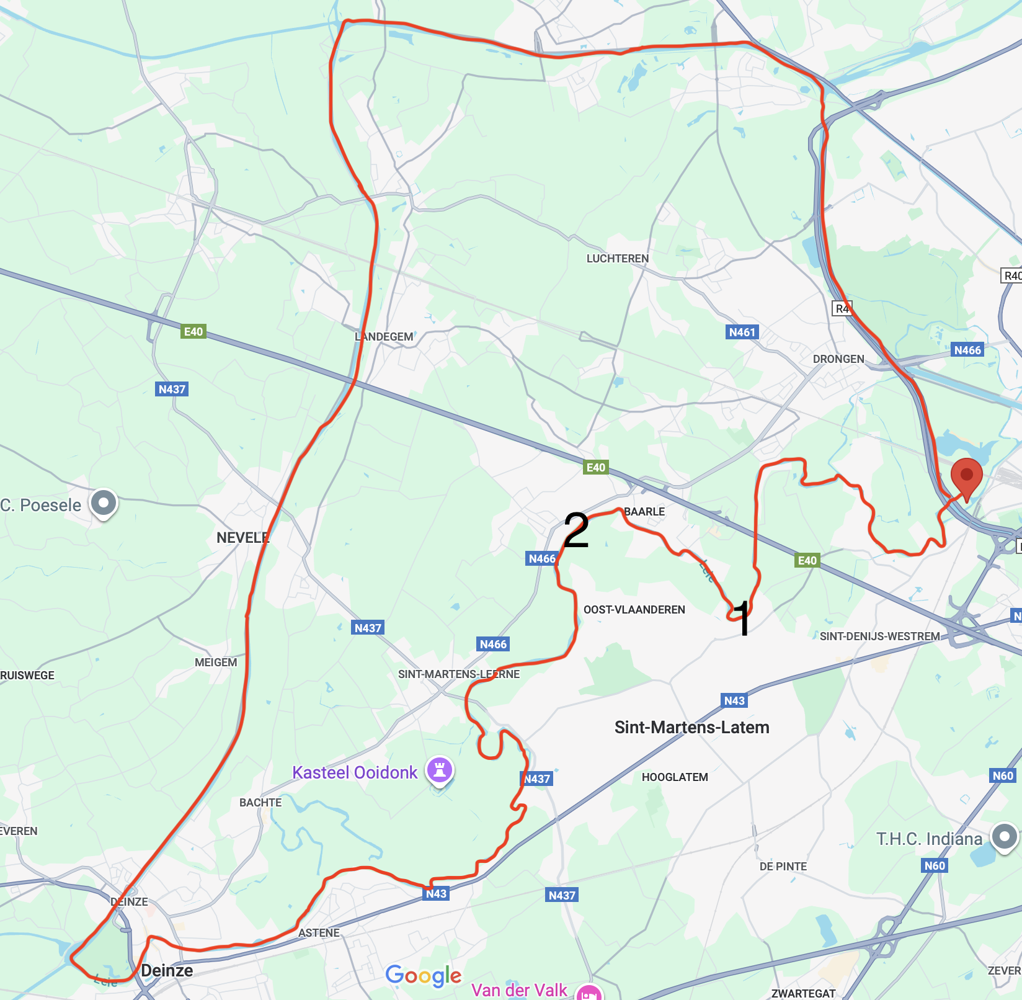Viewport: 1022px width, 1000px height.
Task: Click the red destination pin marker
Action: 966,476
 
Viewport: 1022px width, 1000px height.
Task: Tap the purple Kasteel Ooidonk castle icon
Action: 440,771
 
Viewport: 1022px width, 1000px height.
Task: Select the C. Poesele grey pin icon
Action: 104,503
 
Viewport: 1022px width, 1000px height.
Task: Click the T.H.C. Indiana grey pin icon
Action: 1004,837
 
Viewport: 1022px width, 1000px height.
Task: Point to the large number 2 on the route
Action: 576,531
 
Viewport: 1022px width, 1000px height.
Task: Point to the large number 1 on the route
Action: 742,618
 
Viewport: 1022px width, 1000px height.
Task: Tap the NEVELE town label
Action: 242,538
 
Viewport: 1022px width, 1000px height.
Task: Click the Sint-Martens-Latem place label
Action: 691,727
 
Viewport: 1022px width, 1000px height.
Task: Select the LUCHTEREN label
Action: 617,259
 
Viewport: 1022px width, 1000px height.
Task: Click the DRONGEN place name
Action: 838,359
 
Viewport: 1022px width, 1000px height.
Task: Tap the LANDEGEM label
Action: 384,337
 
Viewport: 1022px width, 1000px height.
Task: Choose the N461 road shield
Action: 742,333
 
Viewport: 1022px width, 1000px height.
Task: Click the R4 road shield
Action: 842,308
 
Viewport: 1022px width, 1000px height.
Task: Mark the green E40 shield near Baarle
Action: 595,467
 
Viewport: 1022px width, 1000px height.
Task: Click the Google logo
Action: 424,976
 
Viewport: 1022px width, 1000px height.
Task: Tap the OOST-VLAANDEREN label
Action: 634,610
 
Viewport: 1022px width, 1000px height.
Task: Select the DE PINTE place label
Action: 783,867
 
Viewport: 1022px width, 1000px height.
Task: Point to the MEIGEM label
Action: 216,663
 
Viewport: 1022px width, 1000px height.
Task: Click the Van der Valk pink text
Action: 519,990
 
